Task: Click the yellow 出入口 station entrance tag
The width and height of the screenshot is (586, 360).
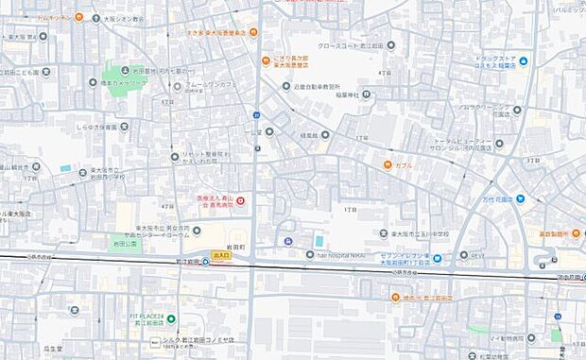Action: tap(221, 255)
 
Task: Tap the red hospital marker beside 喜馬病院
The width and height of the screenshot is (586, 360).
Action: tap(240, 199)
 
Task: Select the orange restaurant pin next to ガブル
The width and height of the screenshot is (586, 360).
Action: tap(388, 164)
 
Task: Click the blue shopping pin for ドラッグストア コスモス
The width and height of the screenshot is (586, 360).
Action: tap(523, 61)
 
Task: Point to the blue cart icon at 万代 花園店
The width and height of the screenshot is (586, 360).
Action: tap(520, 199)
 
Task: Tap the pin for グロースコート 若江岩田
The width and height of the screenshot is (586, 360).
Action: tap(391, 44)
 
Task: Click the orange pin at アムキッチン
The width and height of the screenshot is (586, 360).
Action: tap(78, 17)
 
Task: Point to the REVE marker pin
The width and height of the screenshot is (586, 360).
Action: tap(464, 254)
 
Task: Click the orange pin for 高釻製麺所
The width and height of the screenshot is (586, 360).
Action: tap(575, 232)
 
